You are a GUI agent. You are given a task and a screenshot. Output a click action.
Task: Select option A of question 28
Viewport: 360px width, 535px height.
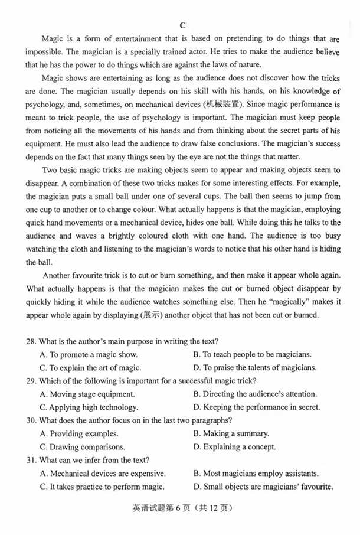pos(88,354)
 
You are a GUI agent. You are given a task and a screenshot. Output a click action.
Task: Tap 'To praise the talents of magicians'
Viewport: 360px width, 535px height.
pos(257,367)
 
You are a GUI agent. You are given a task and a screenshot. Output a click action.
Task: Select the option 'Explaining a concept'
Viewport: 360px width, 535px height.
pos(234,447)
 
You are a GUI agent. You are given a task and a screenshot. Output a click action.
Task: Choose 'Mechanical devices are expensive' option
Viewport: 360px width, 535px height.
pos(103,473)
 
